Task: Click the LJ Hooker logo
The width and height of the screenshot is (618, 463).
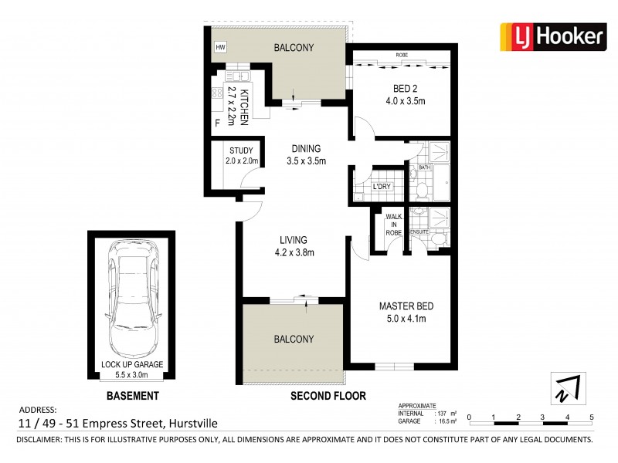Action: pos(552,35)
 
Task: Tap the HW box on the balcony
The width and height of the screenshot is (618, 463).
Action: pos(221,47)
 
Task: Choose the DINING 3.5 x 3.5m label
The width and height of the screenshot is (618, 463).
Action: pos(306,155)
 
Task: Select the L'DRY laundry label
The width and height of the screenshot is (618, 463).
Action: pos(380,188)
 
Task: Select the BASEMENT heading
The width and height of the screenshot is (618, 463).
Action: pos(134,396)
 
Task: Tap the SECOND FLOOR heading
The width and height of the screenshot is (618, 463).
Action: pos(328,396)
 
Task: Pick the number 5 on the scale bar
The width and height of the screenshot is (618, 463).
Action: pos(592,417)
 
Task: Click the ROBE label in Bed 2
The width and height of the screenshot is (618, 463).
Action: pos(402,56)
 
